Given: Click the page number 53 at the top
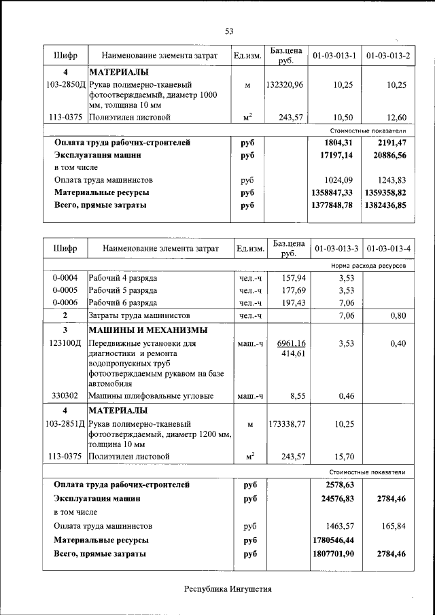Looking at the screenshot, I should (229, 31).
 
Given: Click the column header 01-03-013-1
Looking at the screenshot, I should (334, 55).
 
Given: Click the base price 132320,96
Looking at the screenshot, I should (285, 85).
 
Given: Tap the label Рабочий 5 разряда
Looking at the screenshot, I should (123, 290).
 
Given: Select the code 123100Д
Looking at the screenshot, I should (65, 344).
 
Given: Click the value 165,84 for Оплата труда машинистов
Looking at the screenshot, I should (394, 526).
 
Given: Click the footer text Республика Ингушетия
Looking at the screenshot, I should (228, 589).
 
